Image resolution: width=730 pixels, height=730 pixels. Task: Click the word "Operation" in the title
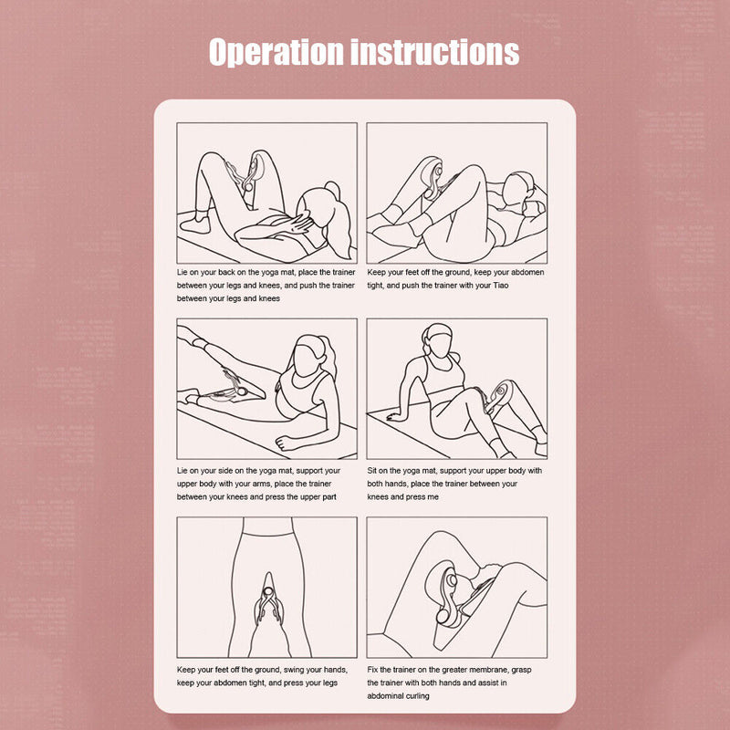[276, 52]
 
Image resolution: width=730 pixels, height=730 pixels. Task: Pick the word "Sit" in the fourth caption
[372, 471]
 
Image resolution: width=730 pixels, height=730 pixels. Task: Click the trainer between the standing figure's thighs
[267, 600]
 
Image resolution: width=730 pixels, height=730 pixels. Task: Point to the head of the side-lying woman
[311, 356]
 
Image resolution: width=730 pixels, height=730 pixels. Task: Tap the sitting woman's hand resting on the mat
[396, 416]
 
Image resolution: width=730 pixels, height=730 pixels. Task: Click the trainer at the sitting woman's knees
[498, 396]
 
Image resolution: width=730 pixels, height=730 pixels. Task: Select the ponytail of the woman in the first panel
[342, 219]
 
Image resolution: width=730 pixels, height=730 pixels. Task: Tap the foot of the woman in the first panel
[195, 224]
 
